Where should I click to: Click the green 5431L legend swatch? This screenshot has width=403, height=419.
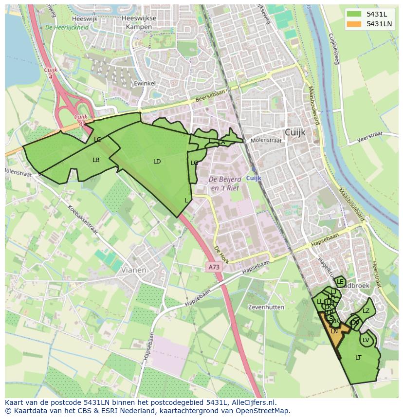pos(354,14)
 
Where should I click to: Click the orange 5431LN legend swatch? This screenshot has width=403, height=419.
pos(354,24)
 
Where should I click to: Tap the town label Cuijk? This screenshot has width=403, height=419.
pos(295,132)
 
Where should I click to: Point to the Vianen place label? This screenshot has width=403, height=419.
pos(133,270)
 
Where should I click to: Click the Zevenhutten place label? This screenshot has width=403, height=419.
pos(266,308)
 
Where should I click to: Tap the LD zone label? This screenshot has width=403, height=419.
pos(157,162)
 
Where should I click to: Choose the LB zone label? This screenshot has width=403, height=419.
pos(96,160)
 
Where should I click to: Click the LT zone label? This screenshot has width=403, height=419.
pos(358,358)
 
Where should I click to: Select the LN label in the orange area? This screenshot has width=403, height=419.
pos(334,331)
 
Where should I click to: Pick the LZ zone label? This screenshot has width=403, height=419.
pos(366,311)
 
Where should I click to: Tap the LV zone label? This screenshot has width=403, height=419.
pos(366,340)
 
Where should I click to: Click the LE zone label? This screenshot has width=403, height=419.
pos(340,282)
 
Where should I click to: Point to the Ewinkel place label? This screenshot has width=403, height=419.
pos(145,84)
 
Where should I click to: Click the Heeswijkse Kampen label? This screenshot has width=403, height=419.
pos(139,22)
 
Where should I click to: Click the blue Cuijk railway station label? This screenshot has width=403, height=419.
pos(254,178)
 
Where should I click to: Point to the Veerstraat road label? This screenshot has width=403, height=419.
pos(370,136)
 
